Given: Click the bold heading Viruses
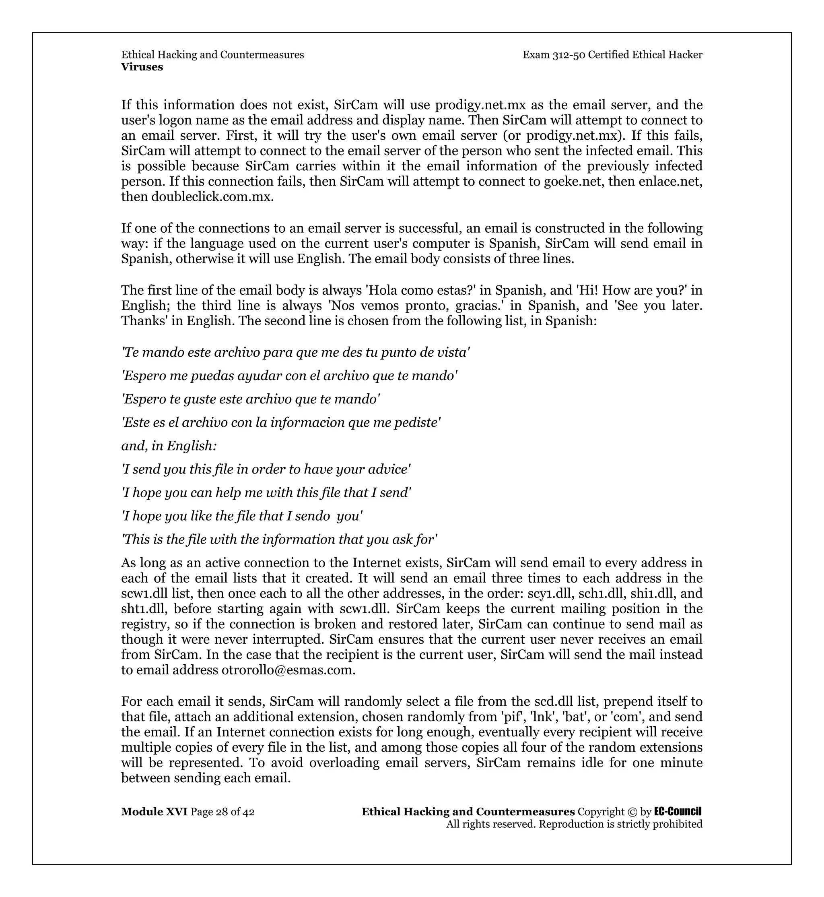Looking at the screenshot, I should click(x=142, y=67).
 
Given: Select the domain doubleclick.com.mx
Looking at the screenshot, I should click(x=212, y=197).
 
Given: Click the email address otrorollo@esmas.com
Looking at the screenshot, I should click(x=288, y=670).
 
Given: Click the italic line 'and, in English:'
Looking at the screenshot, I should click(x=169, y=446).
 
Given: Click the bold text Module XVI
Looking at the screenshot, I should click(x=154, y=812).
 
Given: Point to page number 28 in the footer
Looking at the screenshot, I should click(x=222, y=812).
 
